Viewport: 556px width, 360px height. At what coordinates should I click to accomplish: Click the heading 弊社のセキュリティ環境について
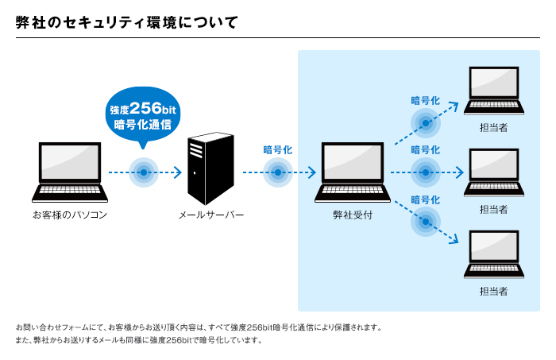pyautogui.click(x=126, y=22)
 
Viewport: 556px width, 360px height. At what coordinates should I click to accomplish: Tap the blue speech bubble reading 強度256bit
pyautogui.click(x=143, y=115)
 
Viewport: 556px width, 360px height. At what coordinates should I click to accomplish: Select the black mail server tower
pyautogui.click(x=210, y=168)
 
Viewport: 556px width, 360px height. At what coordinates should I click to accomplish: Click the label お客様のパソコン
pyautogui.click(x=70, y=215)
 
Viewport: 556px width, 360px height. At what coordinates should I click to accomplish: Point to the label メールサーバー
pyautogui.click(x=211, y=215)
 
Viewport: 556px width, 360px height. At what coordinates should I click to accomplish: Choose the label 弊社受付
pyautogui.click(x=353, y=215)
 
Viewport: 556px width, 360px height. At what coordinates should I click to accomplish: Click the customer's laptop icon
pyautogui.click(x=70, y=172)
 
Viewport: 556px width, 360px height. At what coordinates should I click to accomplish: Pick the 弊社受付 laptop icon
pyautogui.click(x=353, y=172)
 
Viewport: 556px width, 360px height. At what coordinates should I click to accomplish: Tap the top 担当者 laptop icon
pyautogui.click(x=494, y=91)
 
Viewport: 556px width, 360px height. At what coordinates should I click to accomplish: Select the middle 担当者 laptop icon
pyautogui.click(x=494, y=172)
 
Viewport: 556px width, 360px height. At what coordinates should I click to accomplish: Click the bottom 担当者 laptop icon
pyautogui.click(x=494, y=254)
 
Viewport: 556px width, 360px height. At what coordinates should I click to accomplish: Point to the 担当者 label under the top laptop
pyautogui.click(x=494, y=128)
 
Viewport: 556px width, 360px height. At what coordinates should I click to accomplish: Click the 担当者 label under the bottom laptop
pyautogui.click(x=494, y=292)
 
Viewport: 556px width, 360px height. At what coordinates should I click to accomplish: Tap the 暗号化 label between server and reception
pyautogui.click(x=278, y=150)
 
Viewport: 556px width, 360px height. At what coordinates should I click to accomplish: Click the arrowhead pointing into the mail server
pyautogui.click(x=178, y=172)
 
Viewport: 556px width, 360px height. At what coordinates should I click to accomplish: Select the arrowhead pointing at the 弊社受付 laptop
pyautogui.click(x=312, y=172)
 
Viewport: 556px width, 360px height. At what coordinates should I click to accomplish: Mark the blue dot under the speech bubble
pyautogui.click(x=144, y=172)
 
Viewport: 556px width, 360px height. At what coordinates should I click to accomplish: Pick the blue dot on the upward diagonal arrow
pyautogui.click(x=426, y=123)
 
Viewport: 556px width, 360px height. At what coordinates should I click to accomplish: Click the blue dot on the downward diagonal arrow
pyautogui.click(x=426, y=222)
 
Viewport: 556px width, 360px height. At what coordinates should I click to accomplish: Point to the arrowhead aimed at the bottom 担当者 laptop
pyautogui.click(x=454, y=239)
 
